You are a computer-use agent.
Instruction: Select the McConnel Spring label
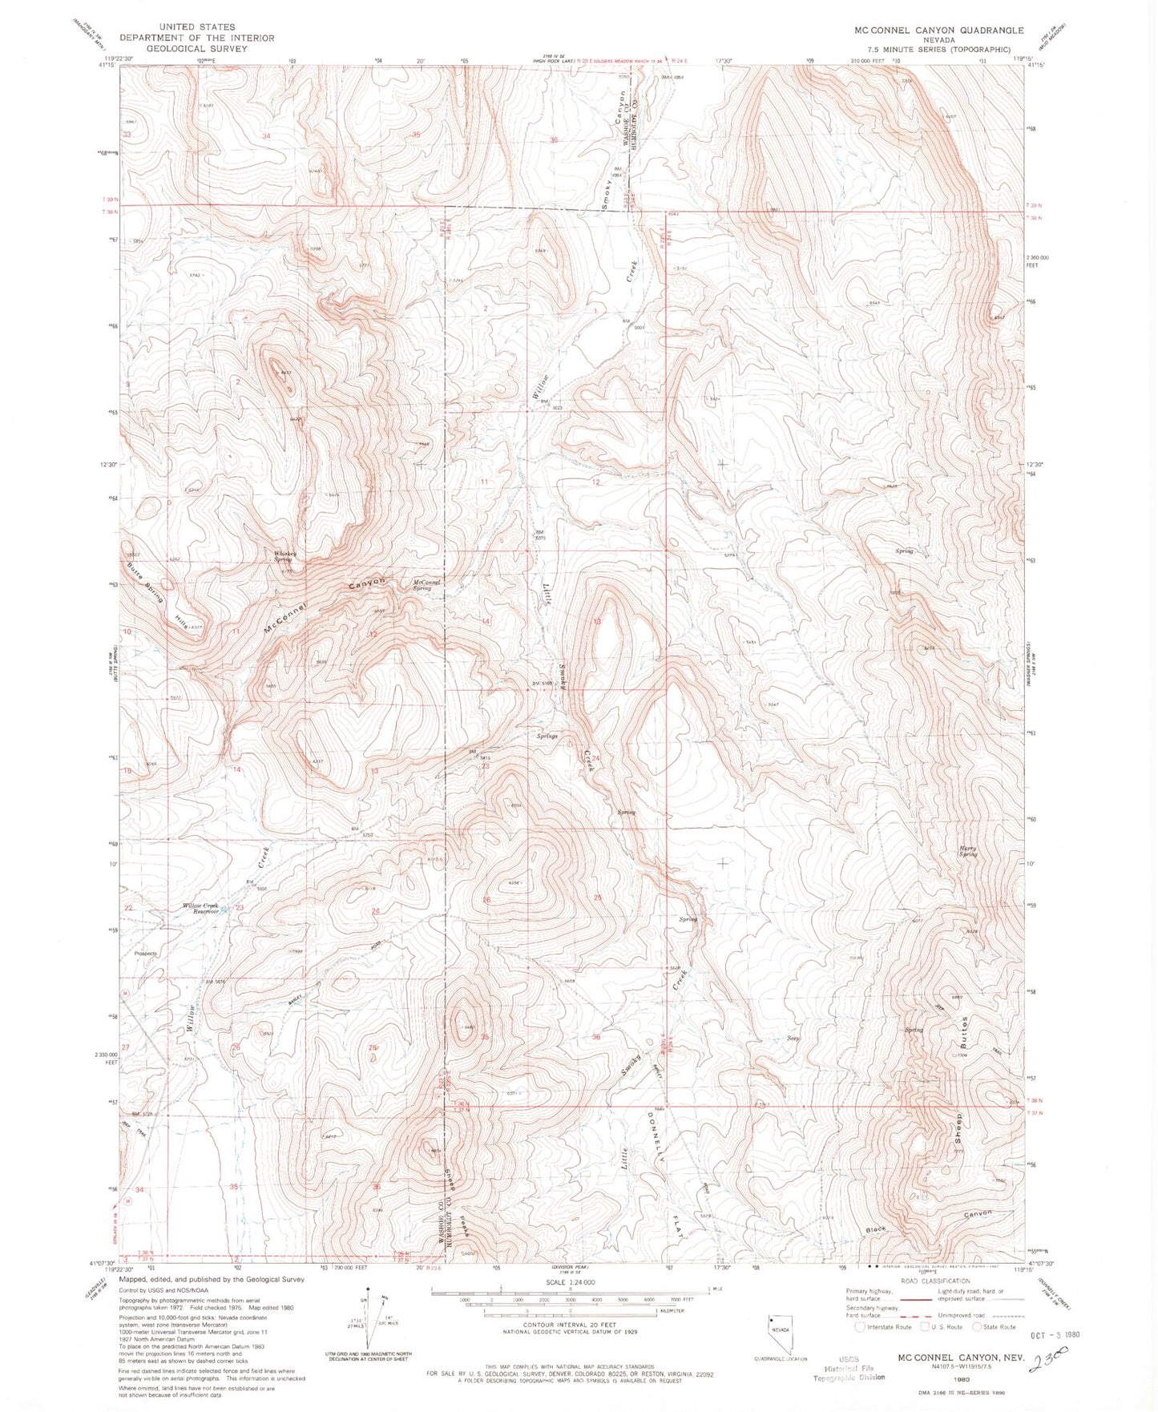coord(422,585)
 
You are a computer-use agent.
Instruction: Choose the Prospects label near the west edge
coord(146,954)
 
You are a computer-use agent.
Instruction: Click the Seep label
coord(793,1038)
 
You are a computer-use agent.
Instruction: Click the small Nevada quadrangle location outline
coord(774,1331)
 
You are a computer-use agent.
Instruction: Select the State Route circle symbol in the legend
coord(977,1327)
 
